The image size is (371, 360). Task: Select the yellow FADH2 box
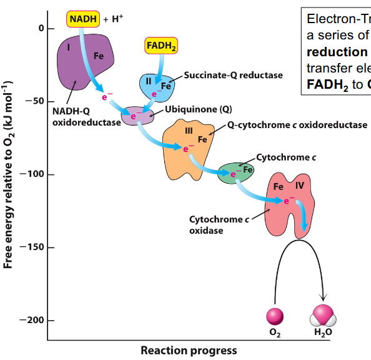(x=162, y=46)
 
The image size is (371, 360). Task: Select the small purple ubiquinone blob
(x=140, y=115)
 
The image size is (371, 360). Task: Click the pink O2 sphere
(x=275, y=315)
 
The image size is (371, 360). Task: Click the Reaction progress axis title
(x=189, y=351)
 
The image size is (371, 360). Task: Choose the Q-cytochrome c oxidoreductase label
(x=297, y=125)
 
